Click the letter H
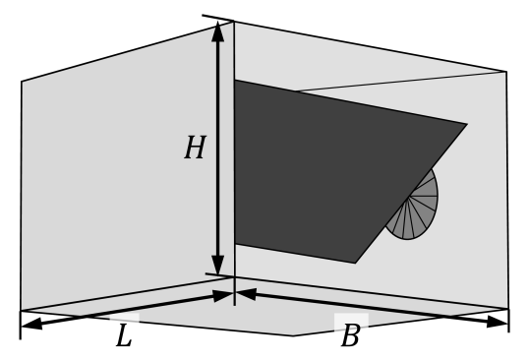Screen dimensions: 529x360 point(195,149)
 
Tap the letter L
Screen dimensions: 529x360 point(123,336)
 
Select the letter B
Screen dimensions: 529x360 point(350,336)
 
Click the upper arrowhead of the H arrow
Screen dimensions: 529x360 point(218,32)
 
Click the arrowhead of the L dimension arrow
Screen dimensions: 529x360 point(223,294)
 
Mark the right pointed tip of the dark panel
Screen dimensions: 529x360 point(466,124)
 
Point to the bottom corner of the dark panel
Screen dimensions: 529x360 point(355,263)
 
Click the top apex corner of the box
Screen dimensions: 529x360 point(234,23)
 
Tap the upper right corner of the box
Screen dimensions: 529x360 point(505,72)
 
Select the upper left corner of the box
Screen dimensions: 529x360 point(23,83)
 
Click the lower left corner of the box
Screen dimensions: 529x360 point(23,310)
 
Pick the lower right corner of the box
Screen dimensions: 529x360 point(507,308)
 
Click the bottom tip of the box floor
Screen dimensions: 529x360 point(292,334)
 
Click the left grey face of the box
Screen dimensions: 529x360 point(108,187)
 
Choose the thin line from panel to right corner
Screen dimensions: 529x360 point(403,82)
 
